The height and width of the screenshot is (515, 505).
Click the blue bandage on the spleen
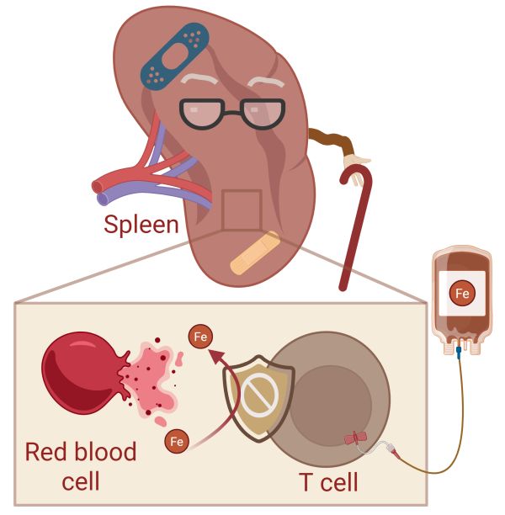174,56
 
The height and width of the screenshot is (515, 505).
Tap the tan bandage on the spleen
255,253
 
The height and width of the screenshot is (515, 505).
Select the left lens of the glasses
202,114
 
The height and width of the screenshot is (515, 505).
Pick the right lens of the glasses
263,114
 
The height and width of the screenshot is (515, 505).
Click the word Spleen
141,226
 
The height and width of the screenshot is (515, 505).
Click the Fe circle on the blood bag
462,293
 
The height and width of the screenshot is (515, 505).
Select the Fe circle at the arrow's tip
200,337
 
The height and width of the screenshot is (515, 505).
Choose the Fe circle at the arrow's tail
177,441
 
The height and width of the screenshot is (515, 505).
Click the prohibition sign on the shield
259,395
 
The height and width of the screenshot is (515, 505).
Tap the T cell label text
328,482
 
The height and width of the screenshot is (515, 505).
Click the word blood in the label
106,452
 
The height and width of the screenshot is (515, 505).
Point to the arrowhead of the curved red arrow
217,357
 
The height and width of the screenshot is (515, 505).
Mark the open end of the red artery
98,187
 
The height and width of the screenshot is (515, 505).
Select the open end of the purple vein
104,199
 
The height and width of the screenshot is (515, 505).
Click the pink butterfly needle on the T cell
355,438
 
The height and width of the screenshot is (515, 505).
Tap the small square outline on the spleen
242,210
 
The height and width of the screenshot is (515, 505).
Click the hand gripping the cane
356,165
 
